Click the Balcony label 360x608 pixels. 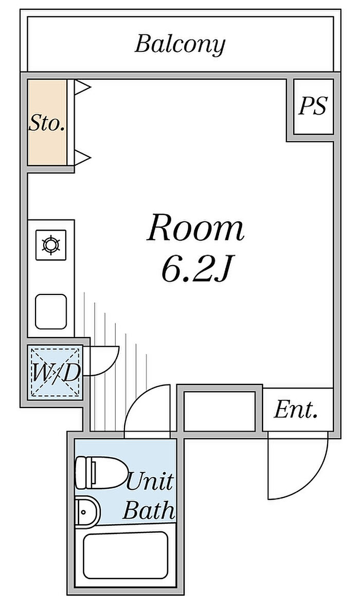click(x=179, y=45)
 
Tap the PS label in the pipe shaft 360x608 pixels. click(x=313, y=105)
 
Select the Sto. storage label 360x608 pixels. click(x=47, y=123)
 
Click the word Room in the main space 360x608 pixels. click(x=195, y=228)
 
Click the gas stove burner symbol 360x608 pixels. click(x=51, y=245)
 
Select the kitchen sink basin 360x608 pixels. click(x=51, y=312)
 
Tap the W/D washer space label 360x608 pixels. click(x=56, y=373)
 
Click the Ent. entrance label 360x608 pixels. click(x=296, y=410)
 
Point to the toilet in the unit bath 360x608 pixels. click(x=101, y=473)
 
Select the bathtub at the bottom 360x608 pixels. click(x=125, y=556)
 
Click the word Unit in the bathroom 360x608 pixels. click(x=150, y=482)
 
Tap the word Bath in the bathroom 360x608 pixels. click(x=148, y=510)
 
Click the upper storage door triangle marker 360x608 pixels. click(x=82, y=87)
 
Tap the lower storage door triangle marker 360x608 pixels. click(x=82, y=157)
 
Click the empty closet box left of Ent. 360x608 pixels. click(x=219, y=411)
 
